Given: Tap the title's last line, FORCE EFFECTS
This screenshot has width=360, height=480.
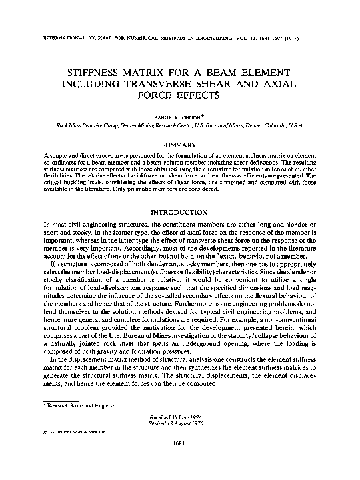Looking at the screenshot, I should [180, 96].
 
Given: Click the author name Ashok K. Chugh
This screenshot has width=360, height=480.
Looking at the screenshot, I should [180, 115].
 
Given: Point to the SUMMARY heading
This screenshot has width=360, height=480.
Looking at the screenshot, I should [180, 145].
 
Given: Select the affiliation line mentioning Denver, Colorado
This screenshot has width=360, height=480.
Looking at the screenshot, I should [180, 125].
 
